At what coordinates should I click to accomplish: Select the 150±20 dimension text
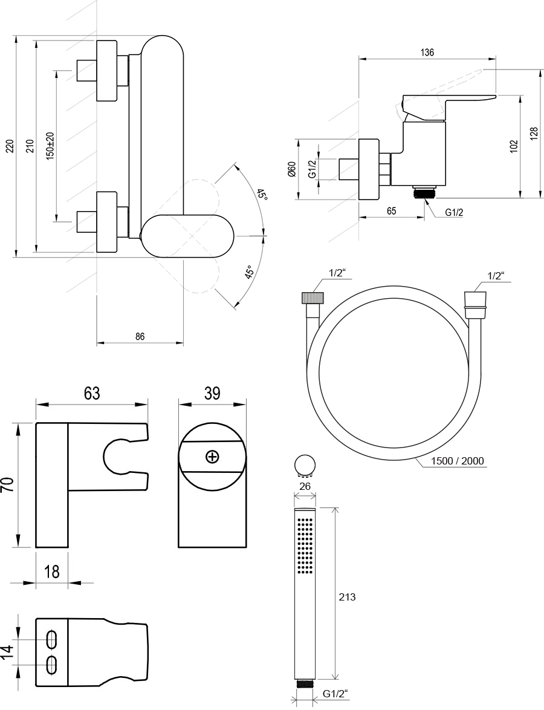[50, 145]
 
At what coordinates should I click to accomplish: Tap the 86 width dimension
[140, 337]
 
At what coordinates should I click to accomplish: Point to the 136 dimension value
[427, 53]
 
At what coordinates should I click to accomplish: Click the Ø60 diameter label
[291, 169]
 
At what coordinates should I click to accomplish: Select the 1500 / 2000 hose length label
[458, 461]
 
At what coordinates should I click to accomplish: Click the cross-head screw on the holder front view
[212, 457]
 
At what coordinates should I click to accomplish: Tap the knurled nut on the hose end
[312, 298]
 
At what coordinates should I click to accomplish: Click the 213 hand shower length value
[347, 597]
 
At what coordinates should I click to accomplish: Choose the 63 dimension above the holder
[92, 394]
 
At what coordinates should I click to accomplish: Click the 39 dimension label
[212, 394]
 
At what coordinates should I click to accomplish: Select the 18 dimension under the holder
[52, 572]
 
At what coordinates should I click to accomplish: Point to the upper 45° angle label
[261, 195]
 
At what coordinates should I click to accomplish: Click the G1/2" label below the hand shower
[335, 694]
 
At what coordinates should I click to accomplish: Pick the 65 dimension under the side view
[391, 210]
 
